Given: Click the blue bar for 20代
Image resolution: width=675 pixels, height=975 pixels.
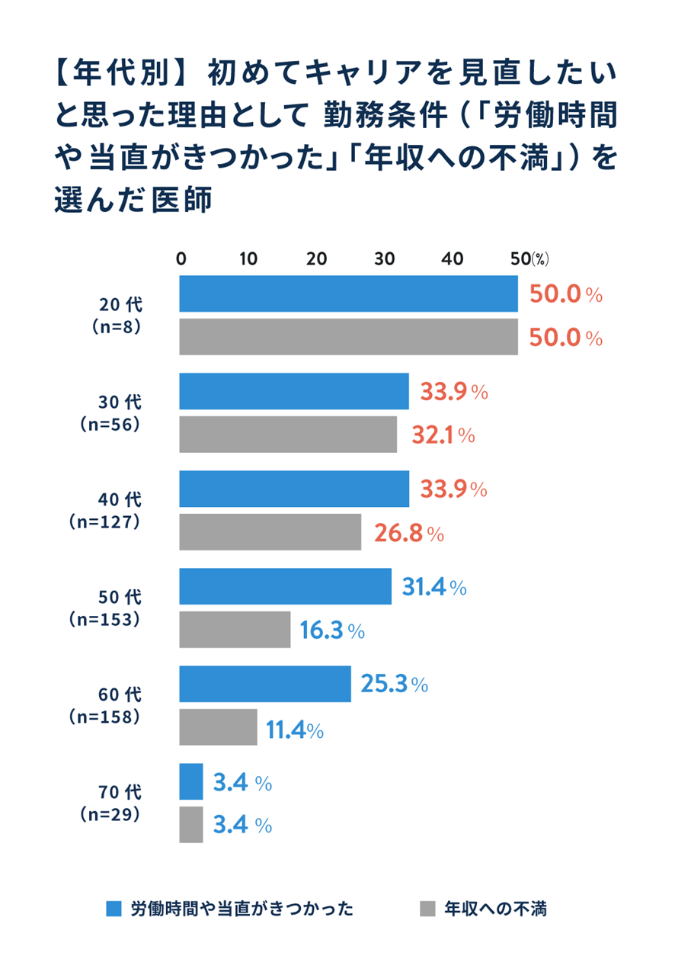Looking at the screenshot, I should (348, 293).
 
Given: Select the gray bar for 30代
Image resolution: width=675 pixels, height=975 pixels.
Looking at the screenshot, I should (288, 435).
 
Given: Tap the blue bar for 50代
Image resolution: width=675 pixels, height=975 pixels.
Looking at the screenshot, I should (285, 587).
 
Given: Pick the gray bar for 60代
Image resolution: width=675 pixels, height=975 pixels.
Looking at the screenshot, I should (218, 727).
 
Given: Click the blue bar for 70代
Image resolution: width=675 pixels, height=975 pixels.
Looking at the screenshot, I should (191, 782).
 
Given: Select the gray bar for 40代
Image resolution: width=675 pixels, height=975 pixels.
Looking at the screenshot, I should (270, 532).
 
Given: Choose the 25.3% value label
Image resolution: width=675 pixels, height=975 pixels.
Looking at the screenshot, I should (393, 685).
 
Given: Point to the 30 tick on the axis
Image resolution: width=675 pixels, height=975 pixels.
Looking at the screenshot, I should (385, 258).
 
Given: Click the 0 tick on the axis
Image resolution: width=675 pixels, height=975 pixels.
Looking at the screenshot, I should (181, 258).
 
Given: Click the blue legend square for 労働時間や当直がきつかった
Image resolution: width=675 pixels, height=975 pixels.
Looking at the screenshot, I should (114, 909).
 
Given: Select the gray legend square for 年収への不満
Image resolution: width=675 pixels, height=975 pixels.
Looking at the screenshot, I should (427, 909).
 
